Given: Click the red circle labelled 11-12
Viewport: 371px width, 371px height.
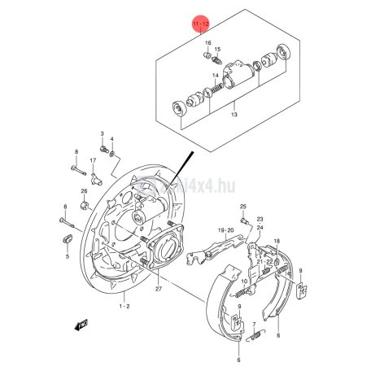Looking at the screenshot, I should pos(200,26).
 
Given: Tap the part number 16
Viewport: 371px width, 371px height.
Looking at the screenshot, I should pos(207,42).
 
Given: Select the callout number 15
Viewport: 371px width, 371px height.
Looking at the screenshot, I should pos(218,49).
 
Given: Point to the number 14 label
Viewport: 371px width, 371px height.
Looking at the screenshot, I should pos(216,75).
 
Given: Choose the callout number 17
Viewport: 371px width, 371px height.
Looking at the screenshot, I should pos(93,161).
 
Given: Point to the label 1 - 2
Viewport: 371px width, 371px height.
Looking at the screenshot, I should pos(124,306).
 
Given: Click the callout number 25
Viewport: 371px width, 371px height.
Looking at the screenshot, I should pos(242,208).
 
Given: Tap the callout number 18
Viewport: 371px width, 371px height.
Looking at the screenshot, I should pos(277,242).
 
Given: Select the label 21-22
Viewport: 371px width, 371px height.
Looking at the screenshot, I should pos(264,260).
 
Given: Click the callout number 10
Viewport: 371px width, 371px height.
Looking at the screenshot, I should pos(243,282).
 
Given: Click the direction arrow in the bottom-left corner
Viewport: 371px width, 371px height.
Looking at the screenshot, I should pos(81,325).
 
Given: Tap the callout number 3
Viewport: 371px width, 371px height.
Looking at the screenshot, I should pos(103,132).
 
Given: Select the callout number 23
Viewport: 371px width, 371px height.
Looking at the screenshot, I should pos(260,220).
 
